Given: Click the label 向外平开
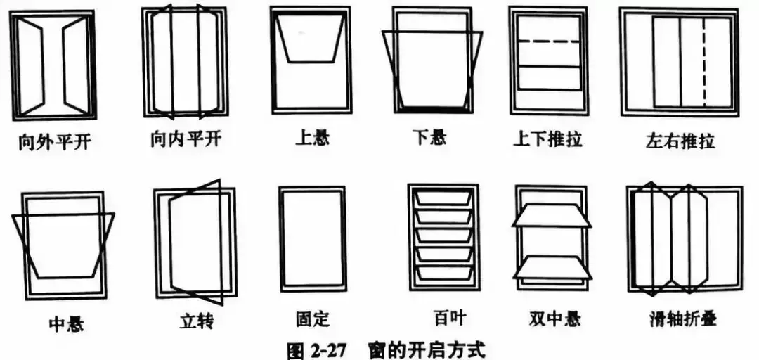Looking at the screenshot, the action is coord(54,142).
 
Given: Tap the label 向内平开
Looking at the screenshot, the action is coord(186,138).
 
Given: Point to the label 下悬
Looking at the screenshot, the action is coord(428,137).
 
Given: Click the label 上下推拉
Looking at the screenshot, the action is coord(547,138).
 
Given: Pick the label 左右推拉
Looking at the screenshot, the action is coord(680,140).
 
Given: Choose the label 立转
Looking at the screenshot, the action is coord(197,323).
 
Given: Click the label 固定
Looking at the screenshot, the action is coord(313,320).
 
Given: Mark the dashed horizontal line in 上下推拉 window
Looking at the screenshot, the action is coord(549,42).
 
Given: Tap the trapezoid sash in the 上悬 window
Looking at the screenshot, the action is coord(310,39).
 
